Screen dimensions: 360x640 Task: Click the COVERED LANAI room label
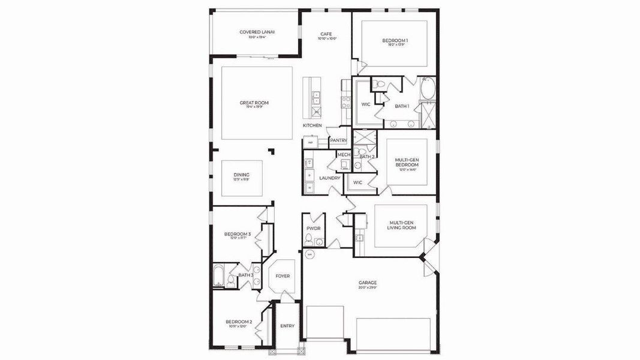point(257,32)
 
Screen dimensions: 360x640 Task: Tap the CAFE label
point(326,34)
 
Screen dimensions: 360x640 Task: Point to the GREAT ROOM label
point(254,103)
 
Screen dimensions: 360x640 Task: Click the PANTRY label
point(338,140)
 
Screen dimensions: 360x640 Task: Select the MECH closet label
point(344,154)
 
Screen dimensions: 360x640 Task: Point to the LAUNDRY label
point(330,178)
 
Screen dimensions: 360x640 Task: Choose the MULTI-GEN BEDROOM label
point(406,163)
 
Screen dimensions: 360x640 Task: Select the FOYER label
point(282,276)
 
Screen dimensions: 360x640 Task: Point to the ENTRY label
point(287,326)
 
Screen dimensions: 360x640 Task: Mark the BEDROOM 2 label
point(238,322)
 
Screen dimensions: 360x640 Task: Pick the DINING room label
point(241,175)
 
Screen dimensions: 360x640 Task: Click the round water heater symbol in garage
point(310,255)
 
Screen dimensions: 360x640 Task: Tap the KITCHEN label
point(312,125)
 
